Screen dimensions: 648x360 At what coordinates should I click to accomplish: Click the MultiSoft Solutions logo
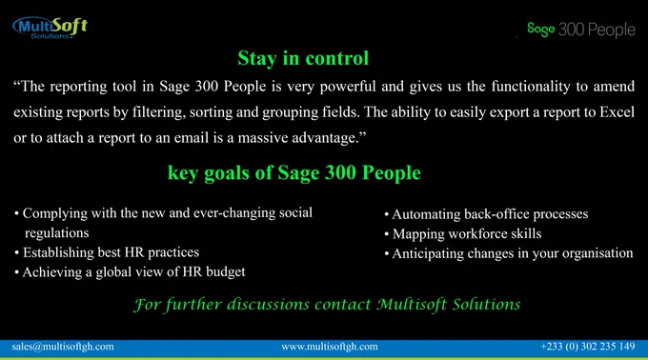click(50, 28)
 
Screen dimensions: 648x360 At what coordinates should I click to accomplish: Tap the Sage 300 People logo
click(581, 30)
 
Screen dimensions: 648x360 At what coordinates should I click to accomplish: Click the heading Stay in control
click(303, 58)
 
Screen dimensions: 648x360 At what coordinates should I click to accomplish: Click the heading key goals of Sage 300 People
click(294, 173)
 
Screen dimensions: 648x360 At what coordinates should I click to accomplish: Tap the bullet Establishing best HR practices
click(107, 252)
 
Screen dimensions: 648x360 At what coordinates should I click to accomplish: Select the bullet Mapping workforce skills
click(463, 234)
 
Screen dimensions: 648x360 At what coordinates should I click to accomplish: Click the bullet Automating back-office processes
click(486, 214)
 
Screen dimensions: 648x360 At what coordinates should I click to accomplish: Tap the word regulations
click(56, 233)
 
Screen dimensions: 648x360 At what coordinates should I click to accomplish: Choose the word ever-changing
click(234, 213)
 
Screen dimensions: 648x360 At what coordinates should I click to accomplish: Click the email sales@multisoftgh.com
click(63, 347)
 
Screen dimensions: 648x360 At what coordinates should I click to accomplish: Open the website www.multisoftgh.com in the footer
click(330, 347)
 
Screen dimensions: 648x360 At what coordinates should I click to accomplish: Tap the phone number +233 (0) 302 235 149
click(588, 346)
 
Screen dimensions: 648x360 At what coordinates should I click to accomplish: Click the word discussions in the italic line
click(268, 304)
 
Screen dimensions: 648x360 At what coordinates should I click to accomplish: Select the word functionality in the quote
click(531, 87)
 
